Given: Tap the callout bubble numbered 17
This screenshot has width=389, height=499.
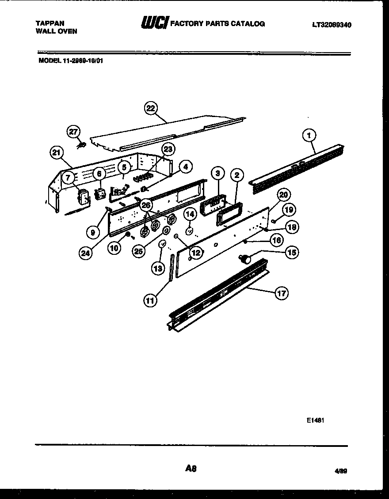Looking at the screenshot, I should (x=282, y=293).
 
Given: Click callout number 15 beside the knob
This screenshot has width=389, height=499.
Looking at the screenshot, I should (x=292, y=252).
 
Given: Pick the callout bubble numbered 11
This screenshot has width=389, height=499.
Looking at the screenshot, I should (x=150, y=300).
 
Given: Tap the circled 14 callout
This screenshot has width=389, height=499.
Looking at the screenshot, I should (x=190, y=214).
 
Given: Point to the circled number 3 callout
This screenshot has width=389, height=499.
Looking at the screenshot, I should (x=217, y=174).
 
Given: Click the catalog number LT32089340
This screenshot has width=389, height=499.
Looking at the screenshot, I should (x=332, y=25).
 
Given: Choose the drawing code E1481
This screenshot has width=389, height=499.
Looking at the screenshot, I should (x=316, y=420).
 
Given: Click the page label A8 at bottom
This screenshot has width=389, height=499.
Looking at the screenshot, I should (x=191, y=469).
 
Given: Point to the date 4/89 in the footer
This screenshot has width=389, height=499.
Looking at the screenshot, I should (x=341, y=471).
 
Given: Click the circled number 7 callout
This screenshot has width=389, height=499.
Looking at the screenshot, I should (x=67, y=178).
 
